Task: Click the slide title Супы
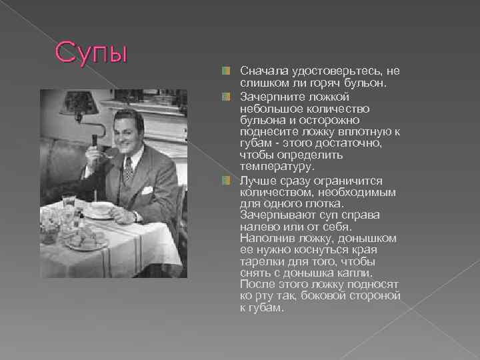tap(91, 53)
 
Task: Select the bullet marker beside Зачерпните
tap(227, 96)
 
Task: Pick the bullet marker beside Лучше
tap(227, 180)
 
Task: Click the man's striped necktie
tap(128, 169)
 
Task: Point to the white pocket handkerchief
tap(147, 189)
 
